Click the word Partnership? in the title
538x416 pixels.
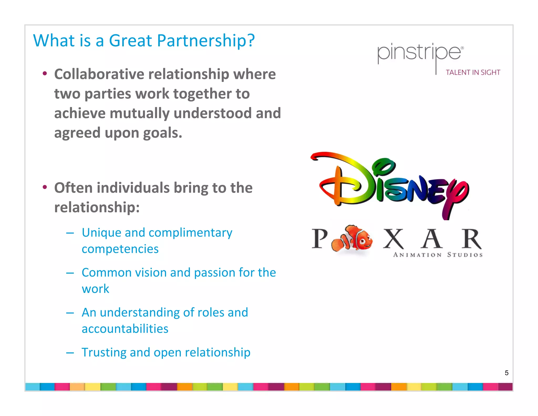206,41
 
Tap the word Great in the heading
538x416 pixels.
130,41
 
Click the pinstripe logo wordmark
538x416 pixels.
419,53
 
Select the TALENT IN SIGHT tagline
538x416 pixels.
473,73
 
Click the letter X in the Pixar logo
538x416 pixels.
393,239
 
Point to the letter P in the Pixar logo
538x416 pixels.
320,239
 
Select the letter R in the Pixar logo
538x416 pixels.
472,239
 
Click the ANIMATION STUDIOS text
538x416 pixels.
438,255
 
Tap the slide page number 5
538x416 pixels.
506,373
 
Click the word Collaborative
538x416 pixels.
99,74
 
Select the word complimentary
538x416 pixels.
190,233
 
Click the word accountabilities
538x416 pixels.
125,329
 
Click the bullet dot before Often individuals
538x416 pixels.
45,187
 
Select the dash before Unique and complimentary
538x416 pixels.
70,233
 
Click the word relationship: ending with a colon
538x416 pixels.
97,207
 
